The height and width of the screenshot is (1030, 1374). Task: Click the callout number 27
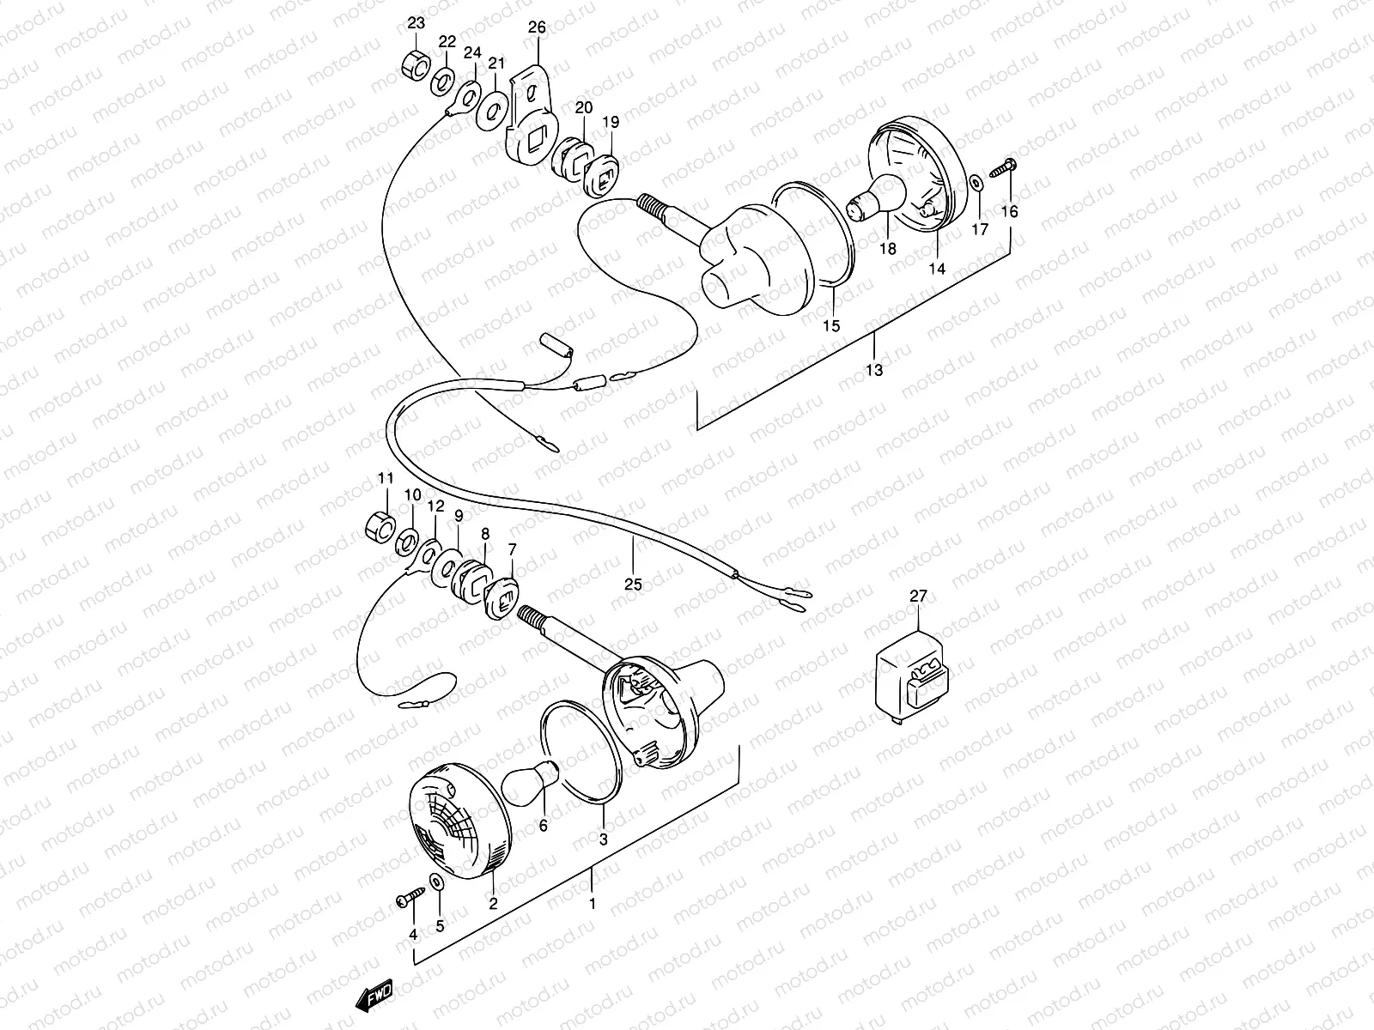click(x=918, y=596)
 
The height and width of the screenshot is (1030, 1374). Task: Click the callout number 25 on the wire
click(x=633, y=584)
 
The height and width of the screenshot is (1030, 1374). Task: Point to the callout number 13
click(x=874, y=370)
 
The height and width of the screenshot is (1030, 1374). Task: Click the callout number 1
click(x=591, y=904)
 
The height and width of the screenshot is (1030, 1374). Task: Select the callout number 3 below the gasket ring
click(x=604, y=840)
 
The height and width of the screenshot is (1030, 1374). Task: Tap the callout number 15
click(x=831, y=326)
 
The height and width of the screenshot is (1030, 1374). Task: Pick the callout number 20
click(x=584, y=108)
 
